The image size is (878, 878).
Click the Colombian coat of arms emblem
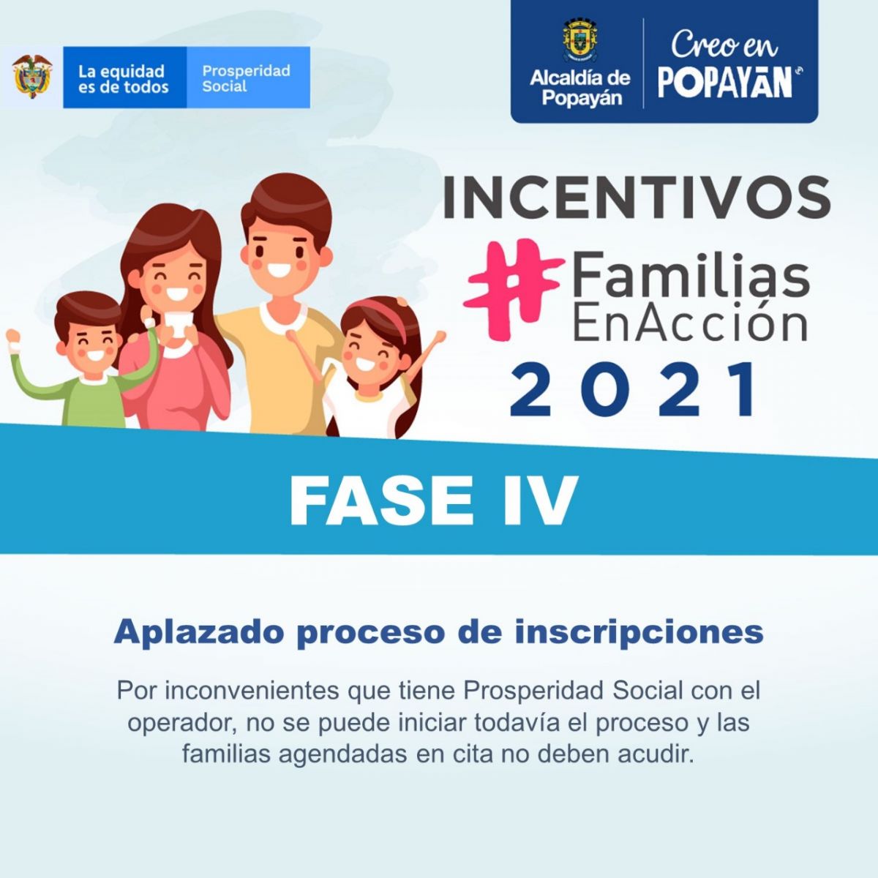[32, 77]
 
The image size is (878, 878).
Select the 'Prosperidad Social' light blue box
[248, 77]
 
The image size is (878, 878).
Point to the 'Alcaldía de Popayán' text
[580, 88]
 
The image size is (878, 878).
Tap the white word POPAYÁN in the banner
[725, 83]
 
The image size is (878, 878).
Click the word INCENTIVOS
[637, 198]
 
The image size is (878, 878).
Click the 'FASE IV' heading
[433, 500]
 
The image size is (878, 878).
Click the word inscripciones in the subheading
[639, 632]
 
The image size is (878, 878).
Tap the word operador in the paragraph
[181, 723]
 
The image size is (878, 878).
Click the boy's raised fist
[12, 337]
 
